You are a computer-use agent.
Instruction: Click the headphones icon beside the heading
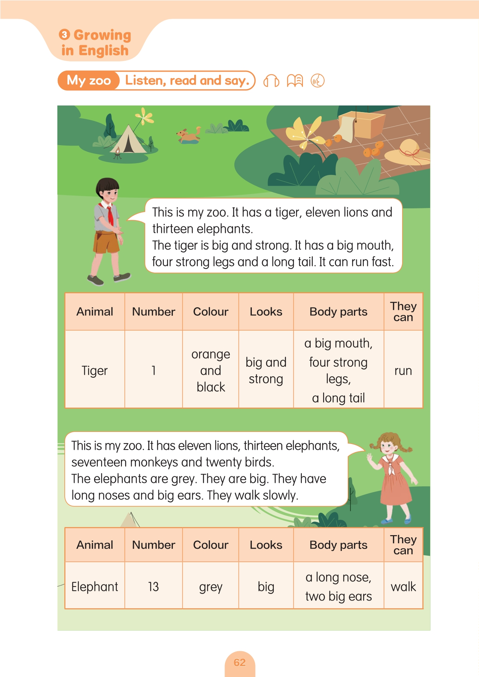point(271,81)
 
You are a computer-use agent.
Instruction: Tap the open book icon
point(295,80)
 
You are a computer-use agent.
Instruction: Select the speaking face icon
point(318,80)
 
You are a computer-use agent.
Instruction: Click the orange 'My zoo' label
point(89,80)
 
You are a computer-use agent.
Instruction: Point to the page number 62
point(240,662)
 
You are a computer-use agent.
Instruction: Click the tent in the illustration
point(128,140)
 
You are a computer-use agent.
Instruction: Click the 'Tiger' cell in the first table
point(95,370)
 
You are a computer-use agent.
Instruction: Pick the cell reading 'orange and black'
point(211,370)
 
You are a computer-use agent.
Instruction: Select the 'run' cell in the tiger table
point(403,370)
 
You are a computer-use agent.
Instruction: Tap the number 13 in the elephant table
point(153,587)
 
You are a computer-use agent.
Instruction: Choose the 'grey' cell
point(211,587)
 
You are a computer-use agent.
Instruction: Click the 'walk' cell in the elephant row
point(403,587)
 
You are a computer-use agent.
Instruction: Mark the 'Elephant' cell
point(95,587)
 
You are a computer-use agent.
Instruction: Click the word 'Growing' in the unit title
point(102,35)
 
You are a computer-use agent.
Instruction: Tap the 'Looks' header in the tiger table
point(266,312)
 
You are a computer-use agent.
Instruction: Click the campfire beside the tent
point(117,153)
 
